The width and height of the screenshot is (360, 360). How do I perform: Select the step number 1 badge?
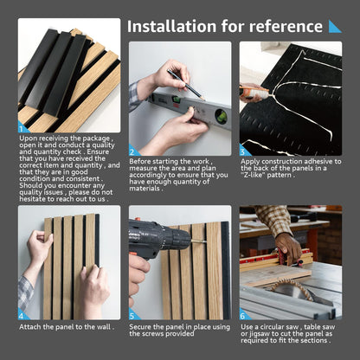tap(23, 127)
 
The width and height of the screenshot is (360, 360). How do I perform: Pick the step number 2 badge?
tap(134, 150)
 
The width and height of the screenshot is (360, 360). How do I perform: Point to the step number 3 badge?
tap(245, 150)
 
